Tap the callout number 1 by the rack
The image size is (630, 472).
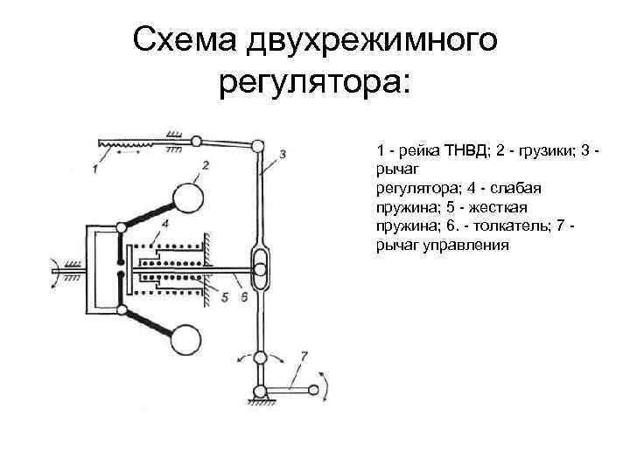pyautogui.click(x=94, y=168)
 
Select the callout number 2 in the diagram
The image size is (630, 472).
pyautogui.click(x=205, y=164)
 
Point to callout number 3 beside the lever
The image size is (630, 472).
pyautogui.click(x=283, y=155)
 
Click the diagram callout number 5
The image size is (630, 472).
pyautogui.click(x=226, y=298)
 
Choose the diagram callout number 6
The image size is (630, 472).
pyautogui.click(x=244, y=298)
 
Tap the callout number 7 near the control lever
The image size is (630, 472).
pyautogui.click(x=303, y=354)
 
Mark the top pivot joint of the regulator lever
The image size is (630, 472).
pyautogui.click(x=258, y=145)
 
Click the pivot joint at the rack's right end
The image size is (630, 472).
pyautogui.click(x=198, y=139)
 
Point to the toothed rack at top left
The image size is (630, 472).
pyautogui.click(x=126, y=141)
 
